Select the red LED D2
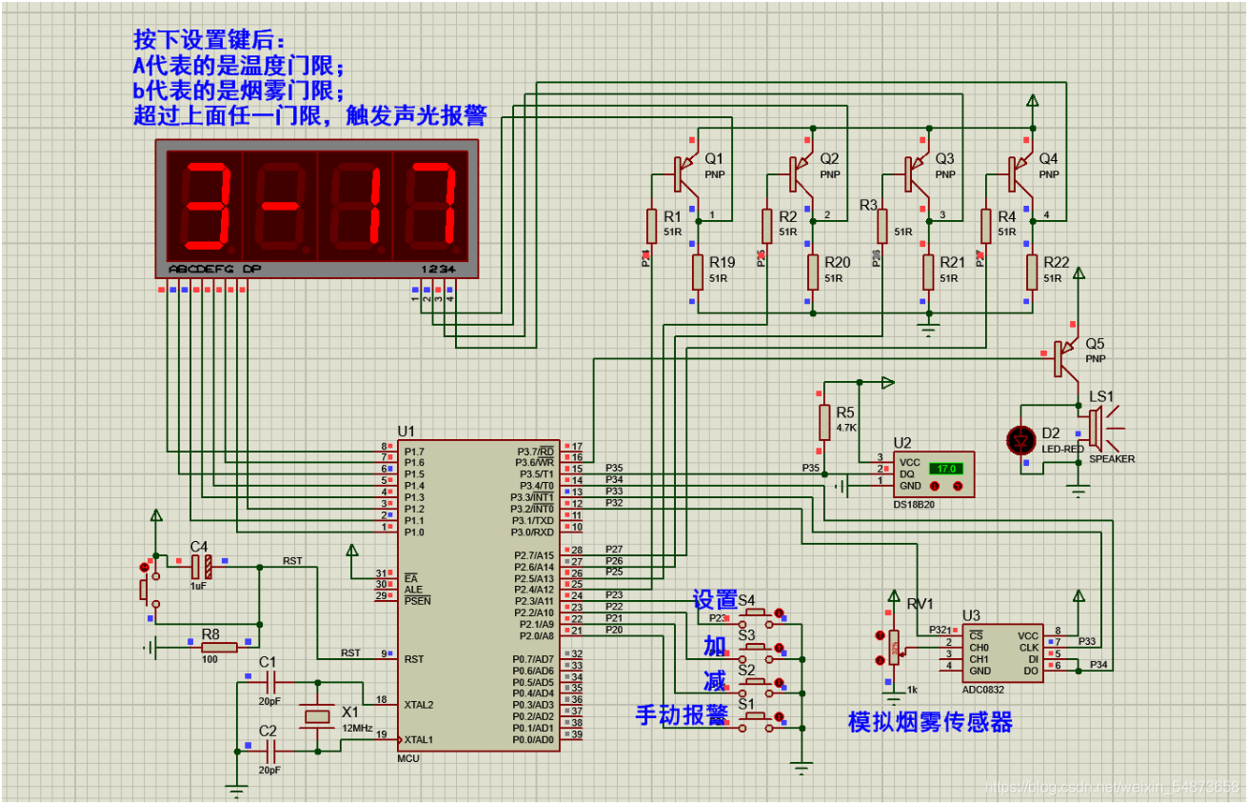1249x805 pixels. pyautogui.click(x=1020, y=439)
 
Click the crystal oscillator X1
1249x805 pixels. pyautogui.click(x=318, y=716)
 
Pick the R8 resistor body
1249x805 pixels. pyautogui.click(x=219, y=646)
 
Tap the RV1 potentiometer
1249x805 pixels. pyautogui.click(x=894, y=647)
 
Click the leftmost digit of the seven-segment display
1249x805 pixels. pyautogui.click(x=204, y=206)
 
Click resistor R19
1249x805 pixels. pyautogui.click(x=698, y=271)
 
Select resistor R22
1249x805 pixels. pyautogui.click(x=1032, y=271)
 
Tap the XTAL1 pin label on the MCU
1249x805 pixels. pyautogui.click(x=419, y=739)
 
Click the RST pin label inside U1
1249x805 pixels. pyautogui.click(x=415, y=659)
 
